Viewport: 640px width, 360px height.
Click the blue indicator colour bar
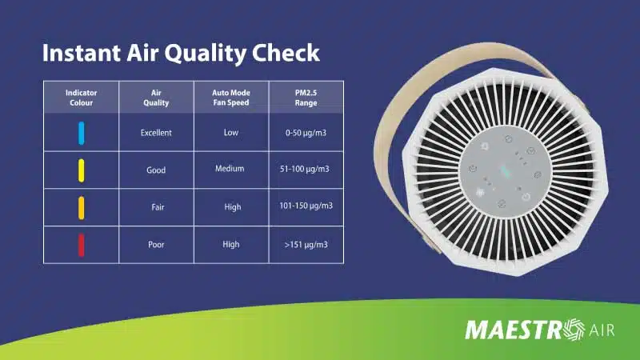(82, 133)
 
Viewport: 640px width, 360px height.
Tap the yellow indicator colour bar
(82, 170)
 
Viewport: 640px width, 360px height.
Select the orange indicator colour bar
(82, 208)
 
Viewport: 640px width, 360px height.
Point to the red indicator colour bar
(82, 245)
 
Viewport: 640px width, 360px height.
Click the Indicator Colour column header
(82, 98)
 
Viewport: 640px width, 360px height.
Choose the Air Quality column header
(156, 98)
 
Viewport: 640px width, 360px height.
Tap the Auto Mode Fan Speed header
(231, 98)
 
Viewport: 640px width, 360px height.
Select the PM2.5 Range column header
(306, 98)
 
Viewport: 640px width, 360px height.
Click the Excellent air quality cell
(156, 133)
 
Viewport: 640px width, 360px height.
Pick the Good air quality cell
(156, 170)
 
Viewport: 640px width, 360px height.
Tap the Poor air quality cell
(156, 245)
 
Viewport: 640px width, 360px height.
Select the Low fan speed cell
(231, 132)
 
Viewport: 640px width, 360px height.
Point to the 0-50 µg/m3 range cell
(306, 133)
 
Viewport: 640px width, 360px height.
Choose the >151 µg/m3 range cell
(306, 245)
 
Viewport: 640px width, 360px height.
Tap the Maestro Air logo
(539, 330)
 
